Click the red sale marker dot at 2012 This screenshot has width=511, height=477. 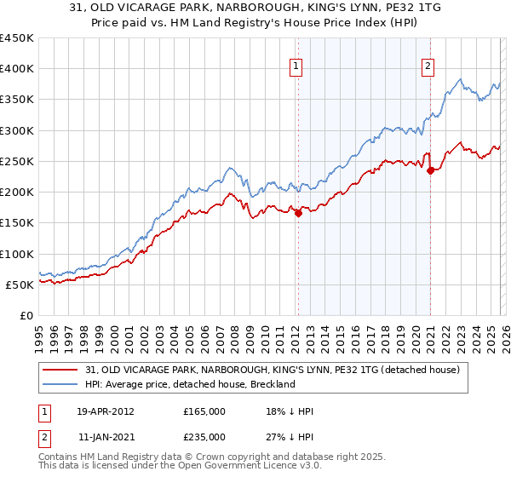click(x=299, y=214)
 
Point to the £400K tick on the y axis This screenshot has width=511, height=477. click(x=16, y=69)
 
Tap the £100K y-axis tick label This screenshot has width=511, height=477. click(x=16, y=254)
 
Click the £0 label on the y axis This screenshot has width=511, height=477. click(x=26, y=315)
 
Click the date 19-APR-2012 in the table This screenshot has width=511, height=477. click(x=106, y=411)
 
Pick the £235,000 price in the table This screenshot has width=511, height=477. click(x=204, y=437)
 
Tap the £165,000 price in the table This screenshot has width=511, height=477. click(x=204, y=411)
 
